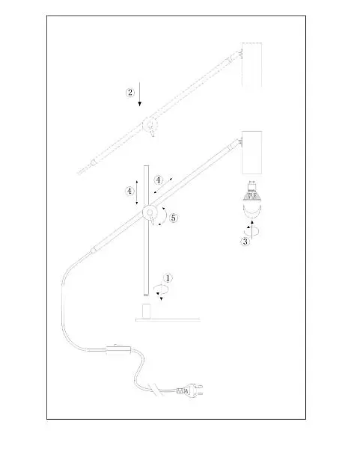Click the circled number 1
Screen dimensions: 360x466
[x=168, y=278]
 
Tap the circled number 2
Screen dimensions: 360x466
[x=130, y=93]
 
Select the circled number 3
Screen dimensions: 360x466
[x=245, y=242]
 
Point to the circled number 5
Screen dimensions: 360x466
[x=174, y=218]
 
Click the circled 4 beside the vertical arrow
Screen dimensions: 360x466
[x=129, y=191]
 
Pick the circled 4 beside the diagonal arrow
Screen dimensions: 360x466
[x=159, y=180]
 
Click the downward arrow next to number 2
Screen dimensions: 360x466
[x=139, y=94]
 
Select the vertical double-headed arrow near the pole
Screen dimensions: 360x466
[x=137, y=192]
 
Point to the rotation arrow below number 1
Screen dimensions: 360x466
[x=161, y=291]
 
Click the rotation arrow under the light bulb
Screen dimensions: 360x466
[x=251, y=230]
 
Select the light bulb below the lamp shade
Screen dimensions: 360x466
[x=251, y=199]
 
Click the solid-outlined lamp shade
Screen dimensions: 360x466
[x=251, y=153]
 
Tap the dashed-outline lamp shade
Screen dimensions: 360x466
[x=251, y=64]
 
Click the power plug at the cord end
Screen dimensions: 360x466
[x=190, y=390]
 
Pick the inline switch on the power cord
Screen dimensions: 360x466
[x=118, y=349]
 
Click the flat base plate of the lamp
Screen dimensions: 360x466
[x=168, y=320]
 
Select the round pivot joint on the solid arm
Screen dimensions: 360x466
[x=150, y=212]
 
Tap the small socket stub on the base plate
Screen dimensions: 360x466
[x=146, y=311]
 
